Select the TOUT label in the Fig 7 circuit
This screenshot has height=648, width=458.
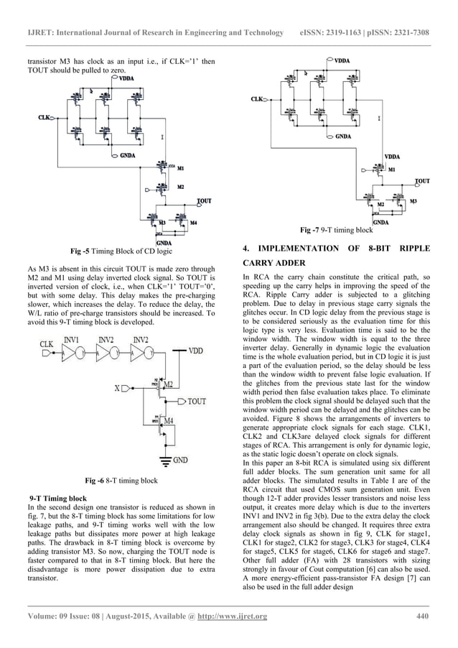423,181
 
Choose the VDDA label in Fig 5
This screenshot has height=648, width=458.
131,78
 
